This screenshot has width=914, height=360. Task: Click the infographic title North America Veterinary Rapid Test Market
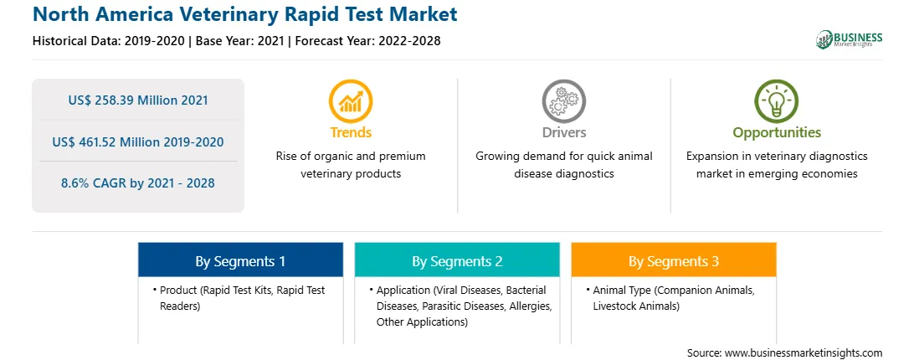pos(244,14)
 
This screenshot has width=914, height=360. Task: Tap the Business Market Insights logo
pos(850,39)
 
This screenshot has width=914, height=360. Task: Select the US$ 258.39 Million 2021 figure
pos(138,100)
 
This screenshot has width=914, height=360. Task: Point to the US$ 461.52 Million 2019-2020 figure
pos(138,141)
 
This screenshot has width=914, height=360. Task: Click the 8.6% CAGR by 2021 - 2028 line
pos(138,183)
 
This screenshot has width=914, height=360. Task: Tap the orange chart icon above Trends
pos(351,101)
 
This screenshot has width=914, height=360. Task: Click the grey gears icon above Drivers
pos(563,101)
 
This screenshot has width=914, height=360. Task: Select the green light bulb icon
pos(777,101)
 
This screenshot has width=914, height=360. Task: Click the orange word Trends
pos(351,132)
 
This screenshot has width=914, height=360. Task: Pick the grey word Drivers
pos(563,132)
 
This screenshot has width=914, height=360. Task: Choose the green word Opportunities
pos(777,133)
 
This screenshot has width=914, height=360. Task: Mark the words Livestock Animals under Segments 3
pos(636,306)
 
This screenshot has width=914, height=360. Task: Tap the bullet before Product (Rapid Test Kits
pos(155,290)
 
